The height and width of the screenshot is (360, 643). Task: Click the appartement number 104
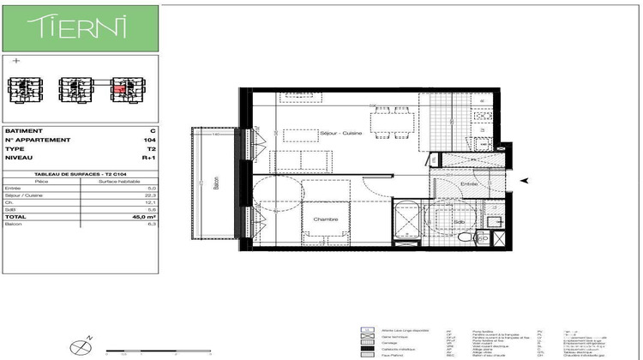click(x=150, y=139)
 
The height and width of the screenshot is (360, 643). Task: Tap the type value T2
click(x=151, y=148)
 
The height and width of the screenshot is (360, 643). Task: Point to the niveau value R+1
click(x=149, y=158)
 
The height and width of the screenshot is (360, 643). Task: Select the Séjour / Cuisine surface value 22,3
click(x=151, y=195)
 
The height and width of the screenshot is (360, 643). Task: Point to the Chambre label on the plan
click(x=325, y=219)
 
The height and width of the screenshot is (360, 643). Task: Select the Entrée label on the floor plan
click(x=467, y=183)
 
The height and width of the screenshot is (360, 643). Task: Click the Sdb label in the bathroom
click(x=459, y=222)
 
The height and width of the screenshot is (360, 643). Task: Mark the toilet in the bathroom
click(x=495, y=222)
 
